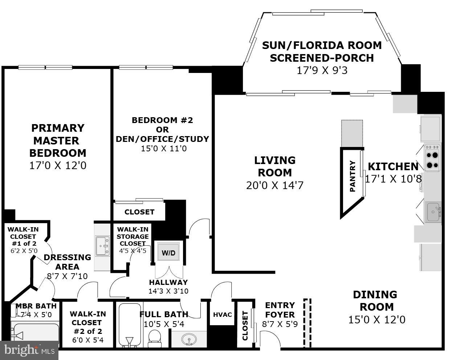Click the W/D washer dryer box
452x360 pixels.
[168, 253]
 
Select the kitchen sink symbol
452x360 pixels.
[433, 212]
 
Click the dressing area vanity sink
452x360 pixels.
[102, 246]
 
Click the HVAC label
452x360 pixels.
[222, 315]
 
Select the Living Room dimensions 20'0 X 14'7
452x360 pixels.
[274, 185]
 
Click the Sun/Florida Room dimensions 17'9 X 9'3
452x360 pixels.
[322, 70]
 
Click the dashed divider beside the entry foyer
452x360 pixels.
[308, 323]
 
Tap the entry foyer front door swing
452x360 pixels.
[271, 341]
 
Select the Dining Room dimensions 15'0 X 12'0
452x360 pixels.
[376, 320]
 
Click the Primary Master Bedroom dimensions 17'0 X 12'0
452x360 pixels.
[58, 166]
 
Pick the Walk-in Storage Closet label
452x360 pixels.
[133, 236]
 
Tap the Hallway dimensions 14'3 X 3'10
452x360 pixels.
[168, 291]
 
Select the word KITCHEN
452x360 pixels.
[393, 167]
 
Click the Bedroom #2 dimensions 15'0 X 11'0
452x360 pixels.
[164, 148]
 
